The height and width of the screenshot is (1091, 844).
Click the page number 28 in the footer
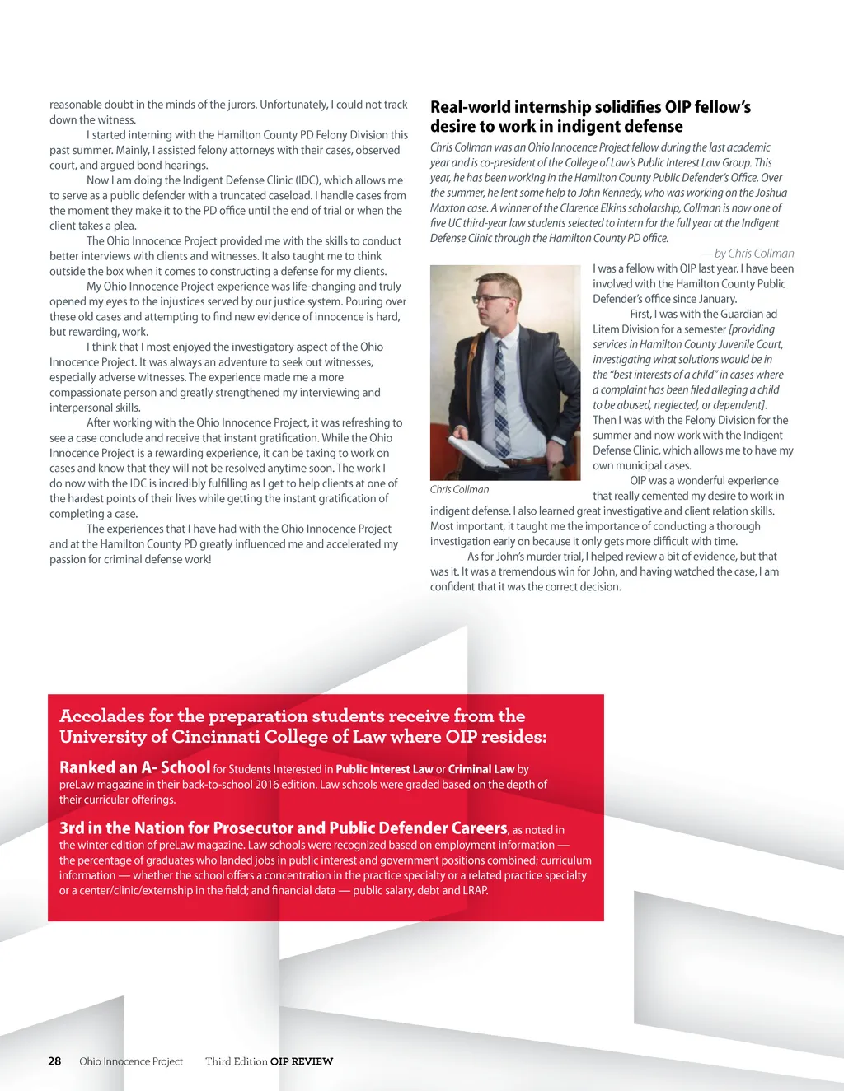click(54, 1061)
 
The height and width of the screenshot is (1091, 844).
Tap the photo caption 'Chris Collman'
click(459, 489)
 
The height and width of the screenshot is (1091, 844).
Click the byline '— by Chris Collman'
click(748, 254)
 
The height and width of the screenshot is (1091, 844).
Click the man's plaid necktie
click(502, 387)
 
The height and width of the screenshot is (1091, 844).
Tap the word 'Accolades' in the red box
click(102, 716)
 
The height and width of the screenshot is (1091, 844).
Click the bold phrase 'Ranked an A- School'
click(134, 767)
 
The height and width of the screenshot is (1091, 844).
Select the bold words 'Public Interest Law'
click(384, 769)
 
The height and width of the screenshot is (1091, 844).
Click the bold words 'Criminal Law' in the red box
click(481, 769)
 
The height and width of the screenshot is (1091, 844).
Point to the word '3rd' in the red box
click(72, 828)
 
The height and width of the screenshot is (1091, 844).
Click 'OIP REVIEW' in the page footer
click(302, 1061)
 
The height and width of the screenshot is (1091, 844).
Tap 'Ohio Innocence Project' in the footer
click(131, 1061)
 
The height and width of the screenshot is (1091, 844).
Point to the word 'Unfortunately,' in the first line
click(293, 105)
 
